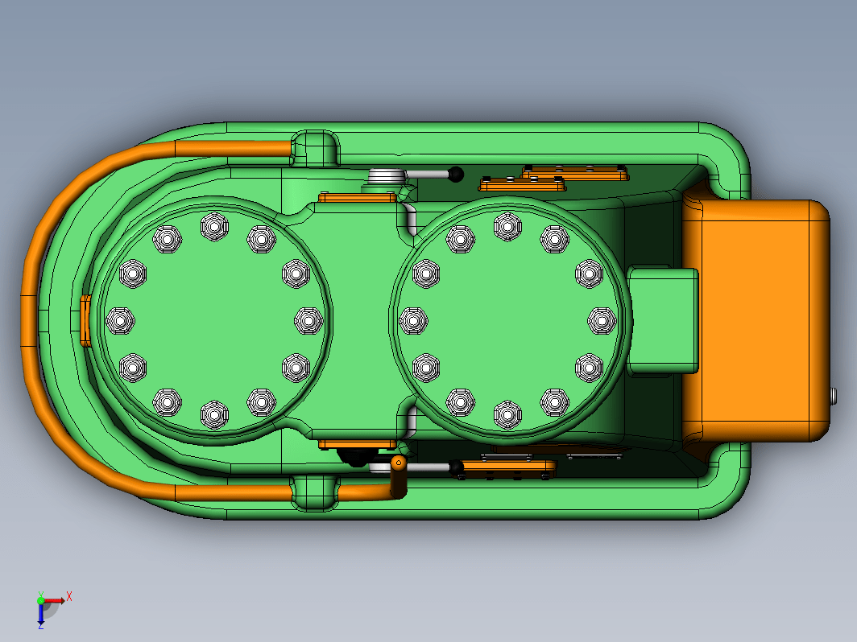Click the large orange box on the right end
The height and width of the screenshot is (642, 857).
[757, 320]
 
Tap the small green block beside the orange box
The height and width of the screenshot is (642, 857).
[663, 321]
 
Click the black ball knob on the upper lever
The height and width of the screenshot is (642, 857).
[456, 175]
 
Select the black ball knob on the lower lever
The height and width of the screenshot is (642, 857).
[456, 467]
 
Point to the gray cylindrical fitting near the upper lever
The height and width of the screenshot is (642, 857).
[387, 177]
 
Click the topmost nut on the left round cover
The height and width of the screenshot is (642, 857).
[214, 226]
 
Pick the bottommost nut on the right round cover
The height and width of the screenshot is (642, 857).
[507, 414]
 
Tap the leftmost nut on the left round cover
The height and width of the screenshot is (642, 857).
[120, 320]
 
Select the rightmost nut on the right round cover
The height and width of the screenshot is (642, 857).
[602, 320]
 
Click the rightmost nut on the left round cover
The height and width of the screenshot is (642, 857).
[308, 320]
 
